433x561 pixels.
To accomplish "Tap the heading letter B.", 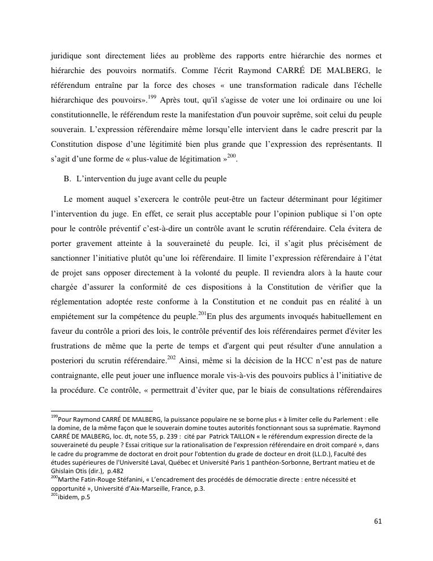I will [x=67, y=179].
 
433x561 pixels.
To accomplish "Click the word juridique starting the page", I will [x=67, y=56].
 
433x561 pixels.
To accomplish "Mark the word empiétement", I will [x=74, y=316].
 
